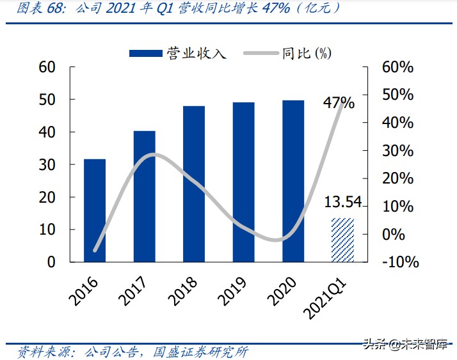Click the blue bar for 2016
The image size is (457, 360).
[95, 210]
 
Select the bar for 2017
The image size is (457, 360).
[144, 196]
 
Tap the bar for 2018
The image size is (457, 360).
[194, 184]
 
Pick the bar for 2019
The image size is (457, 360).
[243, 182]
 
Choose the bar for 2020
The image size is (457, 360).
[293, 181]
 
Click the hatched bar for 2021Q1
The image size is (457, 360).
[342, 240]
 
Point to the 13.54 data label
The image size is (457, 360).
[343, 203]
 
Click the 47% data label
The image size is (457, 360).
[339, 103]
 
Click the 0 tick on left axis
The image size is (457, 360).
[51, 262]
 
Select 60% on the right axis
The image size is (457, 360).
[397, 67]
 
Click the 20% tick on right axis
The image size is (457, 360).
[397, 178]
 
